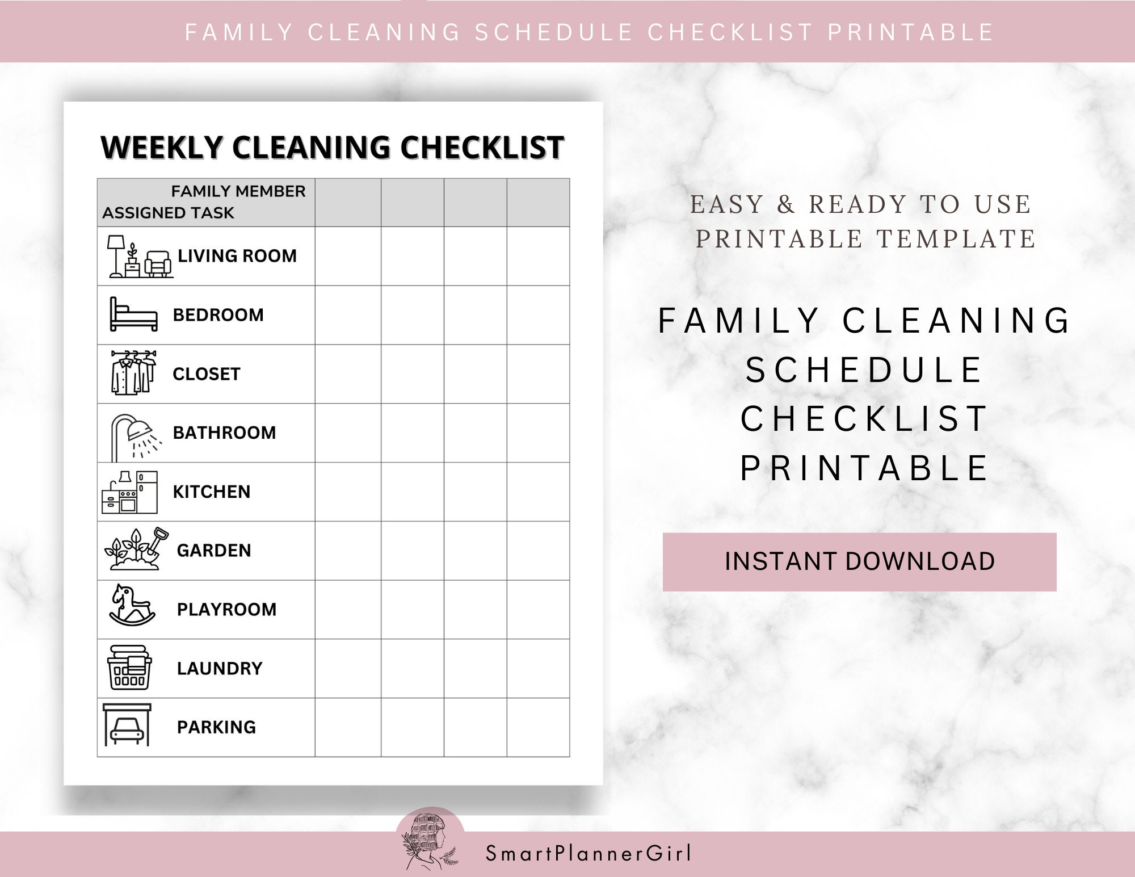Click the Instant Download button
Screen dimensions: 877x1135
859,561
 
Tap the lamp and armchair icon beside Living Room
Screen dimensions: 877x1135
140,257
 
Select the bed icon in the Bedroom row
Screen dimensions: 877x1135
133,314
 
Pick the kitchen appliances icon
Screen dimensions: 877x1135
129,492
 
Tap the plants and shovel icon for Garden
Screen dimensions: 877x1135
137,549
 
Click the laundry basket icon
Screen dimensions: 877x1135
129,668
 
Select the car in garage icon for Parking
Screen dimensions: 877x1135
127,725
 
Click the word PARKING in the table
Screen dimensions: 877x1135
216,727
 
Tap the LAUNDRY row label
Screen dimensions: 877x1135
220,669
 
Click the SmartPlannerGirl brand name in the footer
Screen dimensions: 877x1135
588,854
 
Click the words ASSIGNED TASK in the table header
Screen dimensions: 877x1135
168,213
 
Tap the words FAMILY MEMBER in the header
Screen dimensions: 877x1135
238,191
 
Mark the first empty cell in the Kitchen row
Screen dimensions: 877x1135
348,492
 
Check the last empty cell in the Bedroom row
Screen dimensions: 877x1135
538,315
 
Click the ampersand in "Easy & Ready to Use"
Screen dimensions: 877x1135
786,204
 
